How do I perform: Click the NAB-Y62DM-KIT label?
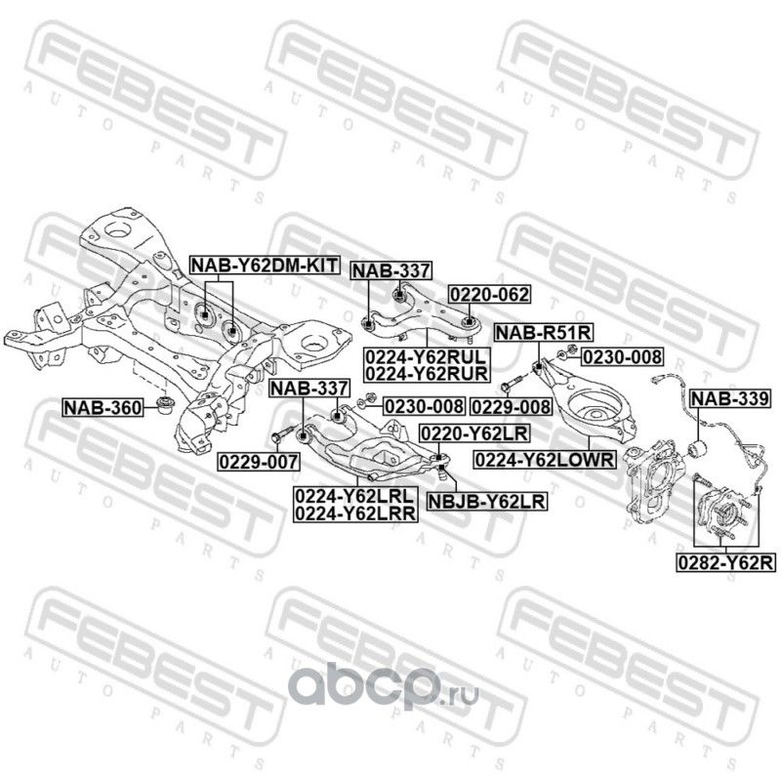263,266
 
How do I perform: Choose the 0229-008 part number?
510,405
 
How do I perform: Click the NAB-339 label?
729,398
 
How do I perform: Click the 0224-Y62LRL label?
353,496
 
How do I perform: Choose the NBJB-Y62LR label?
485,502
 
